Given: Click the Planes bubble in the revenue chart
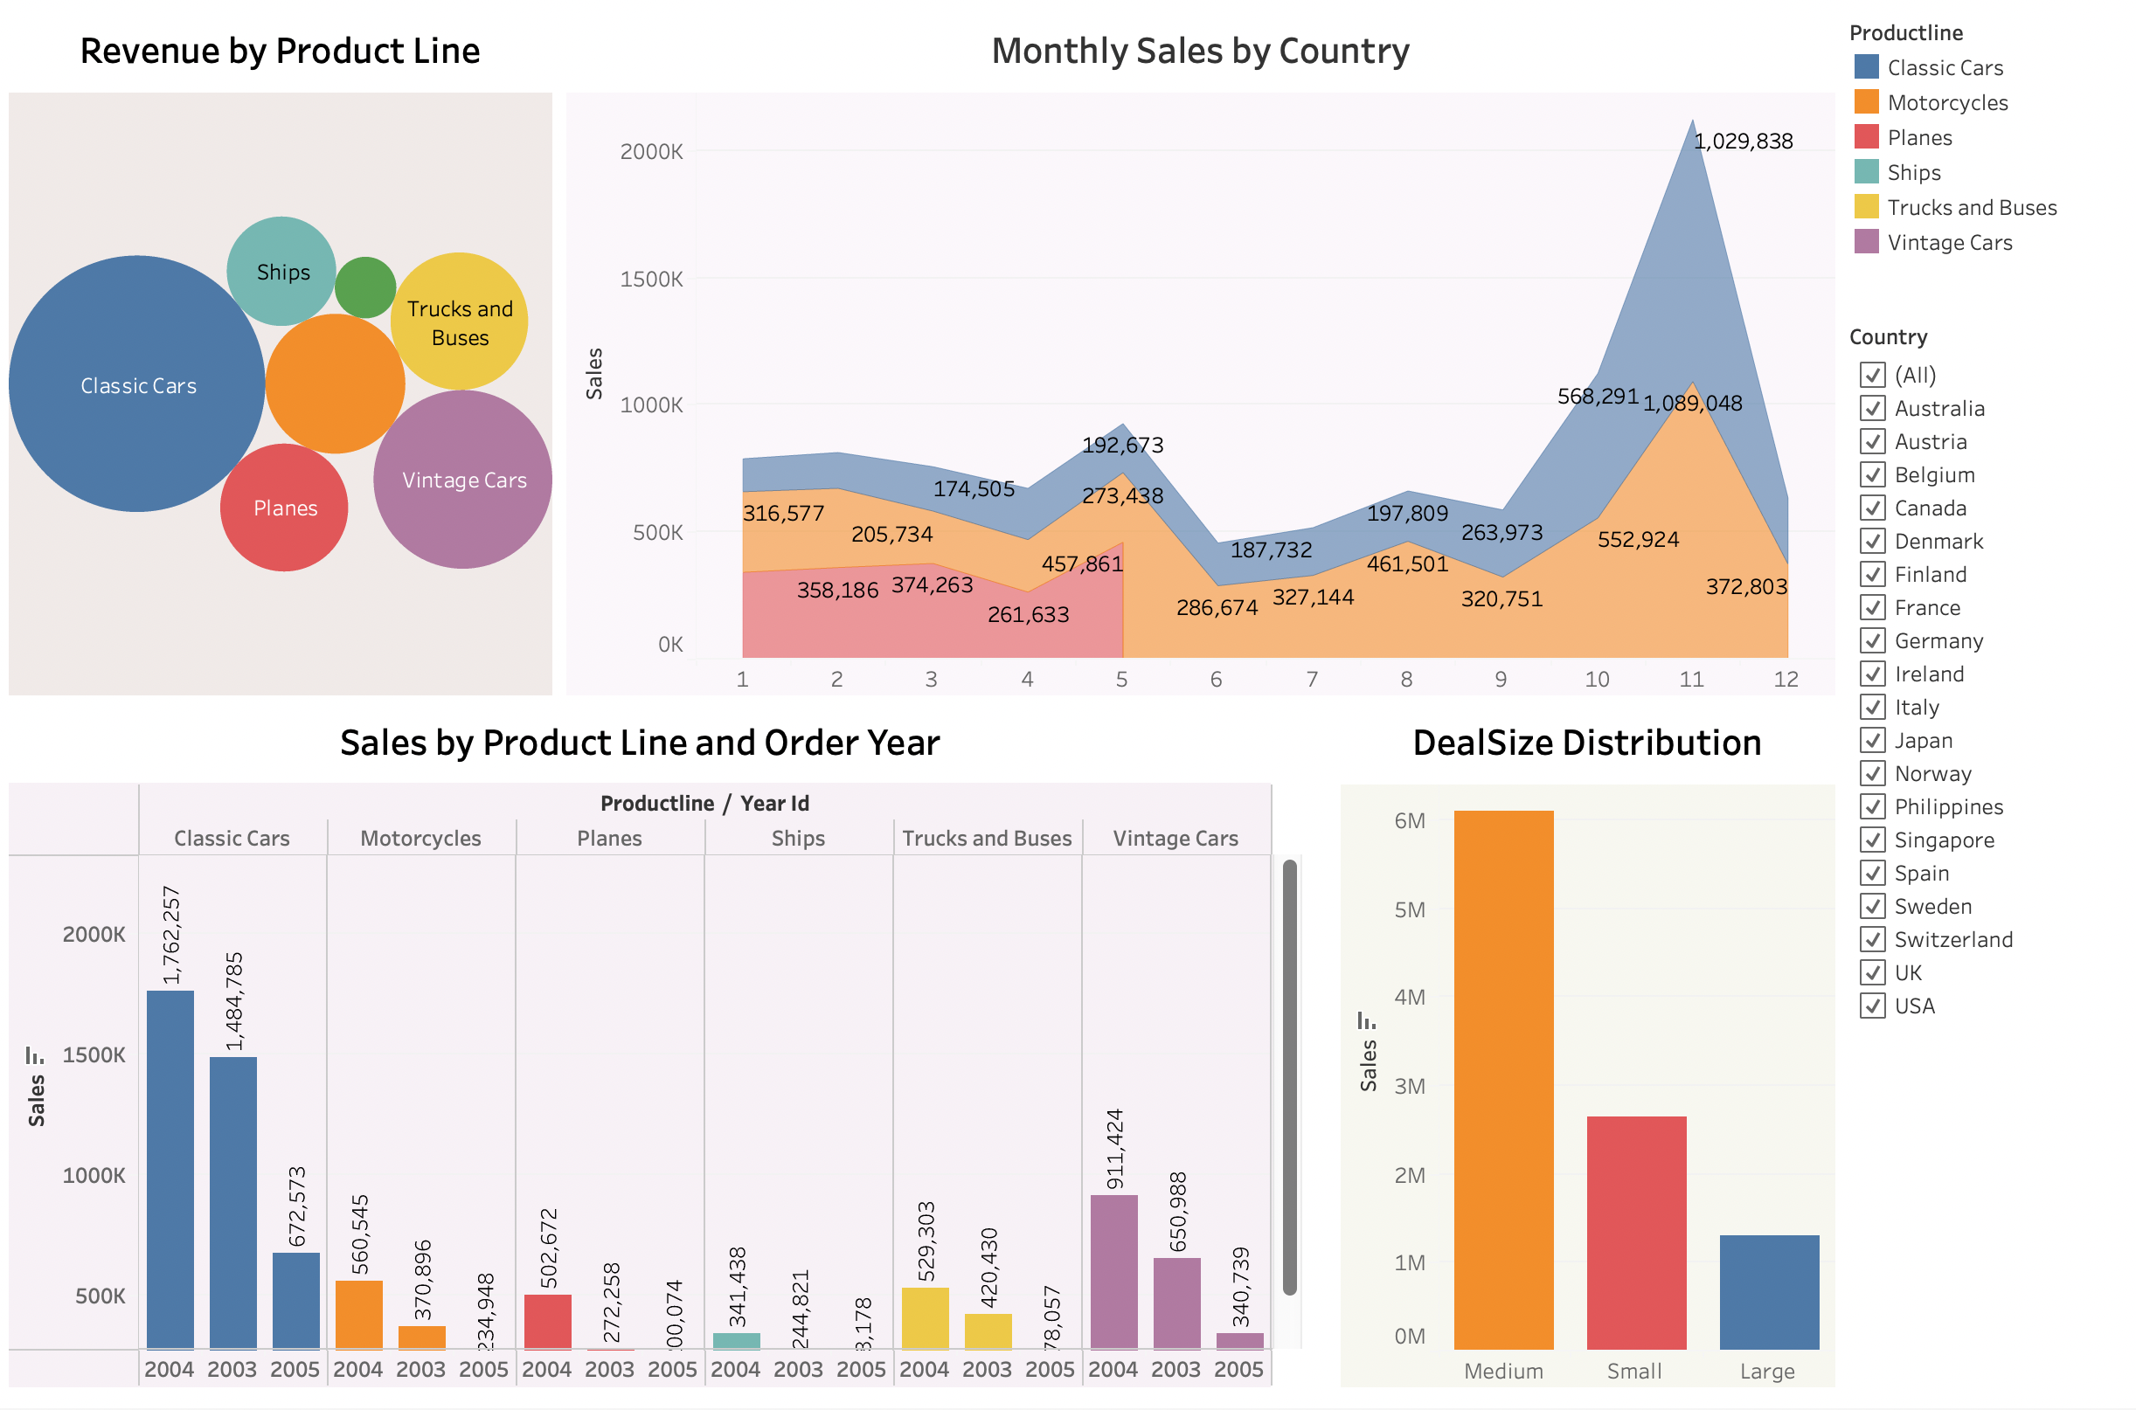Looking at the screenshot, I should (x=284, y=508).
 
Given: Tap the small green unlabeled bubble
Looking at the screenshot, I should (x=365, y=287).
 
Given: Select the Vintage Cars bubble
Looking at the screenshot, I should (x=463, y=480).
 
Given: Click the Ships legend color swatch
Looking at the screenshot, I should (x=1866, y=172).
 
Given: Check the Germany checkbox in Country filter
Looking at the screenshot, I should (x=1872, y=641).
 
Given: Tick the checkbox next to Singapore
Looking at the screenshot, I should (x=1872, y=840).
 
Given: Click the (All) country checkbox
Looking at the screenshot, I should (x=1872, y=375).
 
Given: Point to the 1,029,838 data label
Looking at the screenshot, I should (x=1743, y=142).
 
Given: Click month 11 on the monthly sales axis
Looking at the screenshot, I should (x=1692, y=680).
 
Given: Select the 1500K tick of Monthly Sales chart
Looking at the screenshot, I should (x=651, y=280).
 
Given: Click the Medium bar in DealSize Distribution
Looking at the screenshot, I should (x=1504, y=1079).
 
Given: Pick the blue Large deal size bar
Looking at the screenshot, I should (x=1769, y=1292).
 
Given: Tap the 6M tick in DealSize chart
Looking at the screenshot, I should (x=1410, y=821).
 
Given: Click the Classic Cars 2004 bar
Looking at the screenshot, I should (x=170, y=1169).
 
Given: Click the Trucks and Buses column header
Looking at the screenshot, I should (x=987, y=839).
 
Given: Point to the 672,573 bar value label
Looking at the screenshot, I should (x=297, y=1206).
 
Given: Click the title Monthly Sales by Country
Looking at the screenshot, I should (x=1200, y=52).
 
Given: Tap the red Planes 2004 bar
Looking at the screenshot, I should (x=548, y=1321).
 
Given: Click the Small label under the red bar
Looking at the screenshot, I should (x=1634, y=1372).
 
